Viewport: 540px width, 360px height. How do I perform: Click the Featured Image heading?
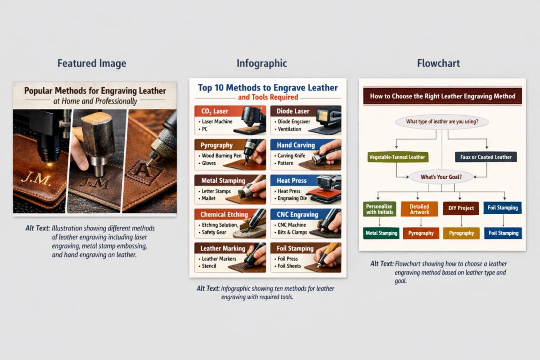pos(92,63)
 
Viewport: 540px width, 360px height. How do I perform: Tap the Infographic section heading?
pos(262,63)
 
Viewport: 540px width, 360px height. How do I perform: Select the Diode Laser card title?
pos(293,111)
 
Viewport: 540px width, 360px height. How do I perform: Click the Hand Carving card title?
pos(296,145)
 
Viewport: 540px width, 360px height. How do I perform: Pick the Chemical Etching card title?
pos(224,214)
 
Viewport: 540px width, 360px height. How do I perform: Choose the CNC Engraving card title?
pos(297,214)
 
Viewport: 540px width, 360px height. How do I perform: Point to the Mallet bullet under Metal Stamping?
pos(208,198)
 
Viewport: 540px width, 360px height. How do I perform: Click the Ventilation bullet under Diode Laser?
pos(289,129)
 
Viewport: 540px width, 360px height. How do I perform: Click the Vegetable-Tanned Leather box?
pos(397,157)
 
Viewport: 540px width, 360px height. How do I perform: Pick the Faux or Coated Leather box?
pos(486,157)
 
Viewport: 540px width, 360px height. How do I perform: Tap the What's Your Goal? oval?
pos(441,177)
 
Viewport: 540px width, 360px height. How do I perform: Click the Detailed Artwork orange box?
pos(419,209)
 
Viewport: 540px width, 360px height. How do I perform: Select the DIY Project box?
pos(461,208)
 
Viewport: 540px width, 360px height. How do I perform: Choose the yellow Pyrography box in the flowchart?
pos(461,233)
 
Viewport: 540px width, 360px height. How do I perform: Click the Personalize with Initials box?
pos(379,209)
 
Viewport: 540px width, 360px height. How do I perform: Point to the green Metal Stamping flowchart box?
pos(381,233)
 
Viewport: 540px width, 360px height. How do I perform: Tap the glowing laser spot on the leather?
pos(49,164)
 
